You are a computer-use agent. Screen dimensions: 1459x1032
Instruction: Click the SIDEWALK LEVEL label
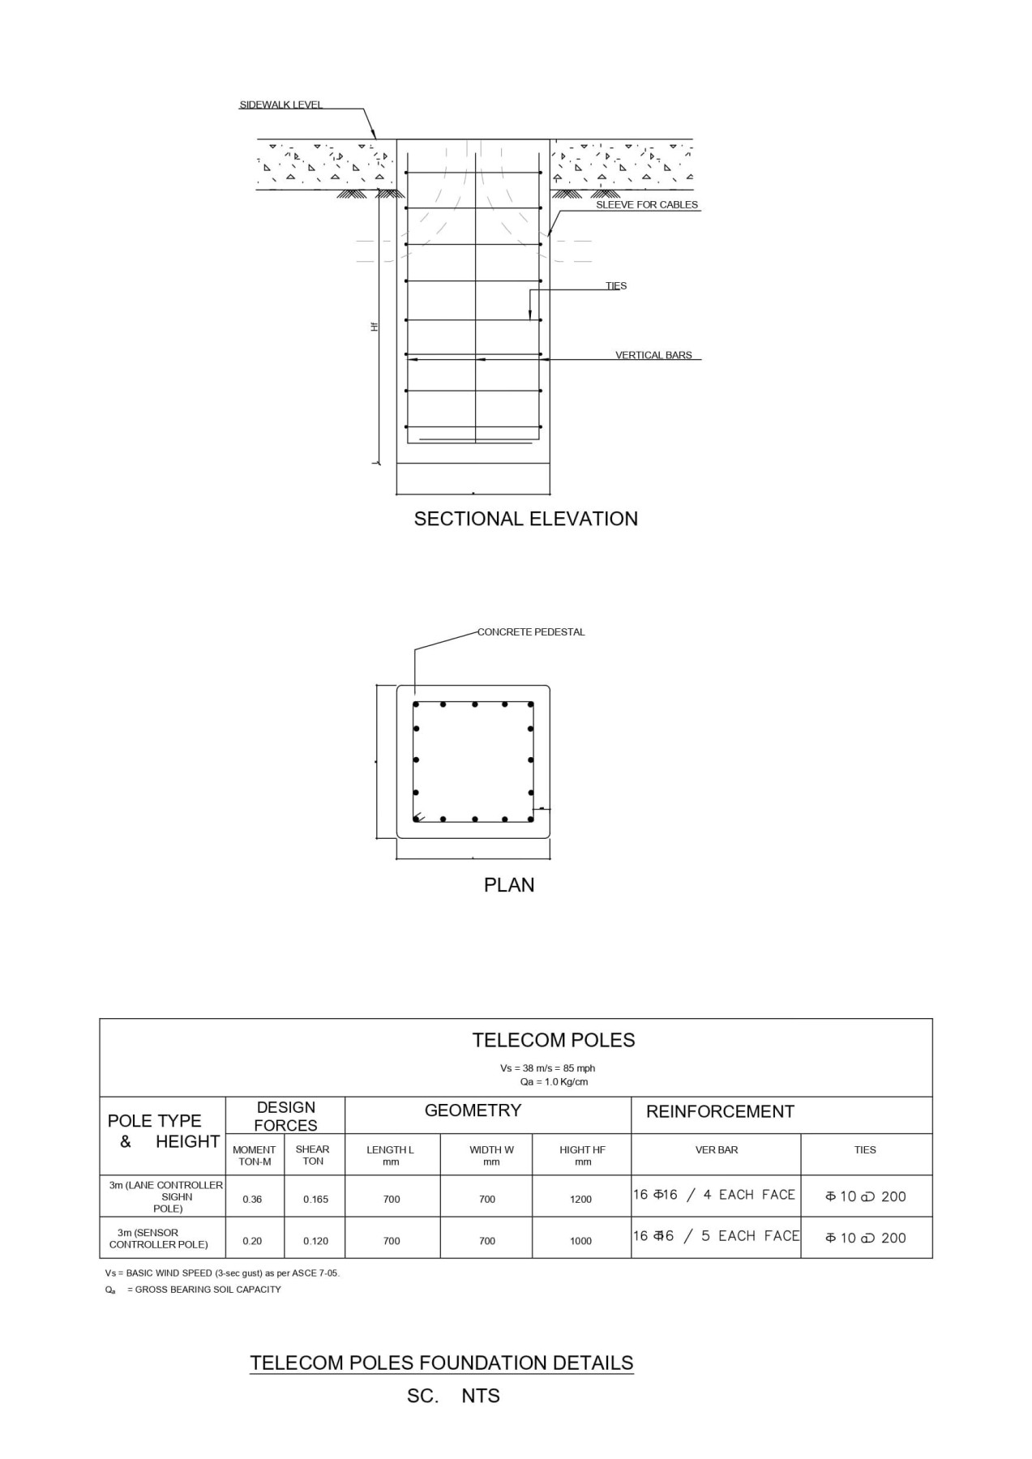[x=280, y=105]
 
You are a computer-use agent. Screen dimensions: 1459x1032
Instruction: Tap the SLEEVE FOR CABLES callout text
[x=646, y=205]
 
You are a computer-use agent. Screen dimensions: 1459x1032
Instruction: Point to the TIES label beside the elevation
[x=616, y=286]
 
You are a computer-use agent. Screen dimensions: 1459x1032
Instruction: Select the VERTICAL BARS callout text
[x=653, y=355]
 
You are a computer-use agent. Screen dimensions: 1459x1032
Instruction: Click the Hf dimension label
[x=375, y=326]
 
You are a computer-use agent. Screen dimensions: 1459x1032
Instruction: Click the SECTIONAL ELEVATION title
[x=525, y=519]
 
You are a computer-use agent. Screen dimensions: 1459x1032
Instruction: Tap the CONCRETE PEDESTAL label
[x=530, y=632]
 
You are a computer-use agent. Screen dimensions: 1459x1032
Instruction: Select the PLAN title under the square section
[x=509, y=885]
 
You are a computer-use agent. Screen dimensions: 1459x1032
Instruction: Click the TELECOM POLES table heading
[x=554, y=1040]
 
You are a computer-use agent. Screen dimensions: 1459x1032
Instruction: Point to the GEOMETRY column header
[x=473, y=1110]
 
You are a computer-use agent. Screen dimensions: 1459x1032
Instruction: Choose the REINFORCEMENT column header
[x=720, y=1111]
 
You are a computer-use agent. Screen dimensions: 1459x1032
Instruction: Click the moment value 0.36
[x=252, y=1200]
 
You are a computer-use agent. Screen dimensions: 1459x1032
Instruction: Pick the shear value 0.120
[x=315, y=1241]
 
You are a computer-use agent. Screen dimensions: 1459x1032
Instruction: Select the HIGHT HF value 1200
[x=580, y=1200]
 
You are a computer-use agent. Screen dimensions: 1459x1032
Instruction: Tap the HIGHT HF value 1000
[x=580, y=1241]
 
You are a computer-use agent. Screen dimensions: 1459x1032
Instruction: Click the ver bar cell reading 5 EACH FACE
[x=716, y=1236]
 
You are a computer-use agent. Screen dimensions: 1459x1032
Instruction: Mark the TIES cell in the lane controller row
[x=865, y=1196]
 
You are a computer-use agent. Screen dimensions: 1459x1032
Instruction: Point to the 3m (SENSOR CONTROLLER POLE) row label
[x=158, y=1239]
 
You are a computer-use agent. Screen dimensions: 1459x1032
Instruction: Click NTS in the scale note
[x=481, y=1396]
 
